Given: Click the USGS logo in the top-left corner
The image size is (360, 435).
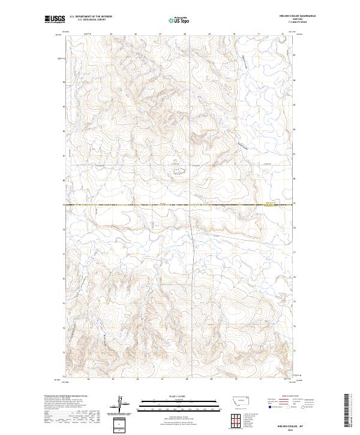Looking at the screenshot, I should coord(55,19).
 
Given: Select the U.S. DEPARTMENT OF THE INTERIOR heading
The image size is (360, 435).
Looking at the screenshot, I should coord(91,16).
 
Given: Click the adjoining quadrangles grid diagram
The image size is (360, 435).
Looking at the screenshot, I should coord(235,419).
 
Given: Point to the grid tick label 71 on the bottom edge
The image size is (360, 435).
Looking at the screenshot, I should coord(260,379).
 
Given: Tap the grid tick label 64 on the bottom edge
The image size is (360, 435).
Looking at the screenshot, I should coord(88,379).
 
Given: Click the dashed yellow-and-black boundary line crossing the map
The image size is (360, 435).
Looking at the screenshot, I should coord(180,205).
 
